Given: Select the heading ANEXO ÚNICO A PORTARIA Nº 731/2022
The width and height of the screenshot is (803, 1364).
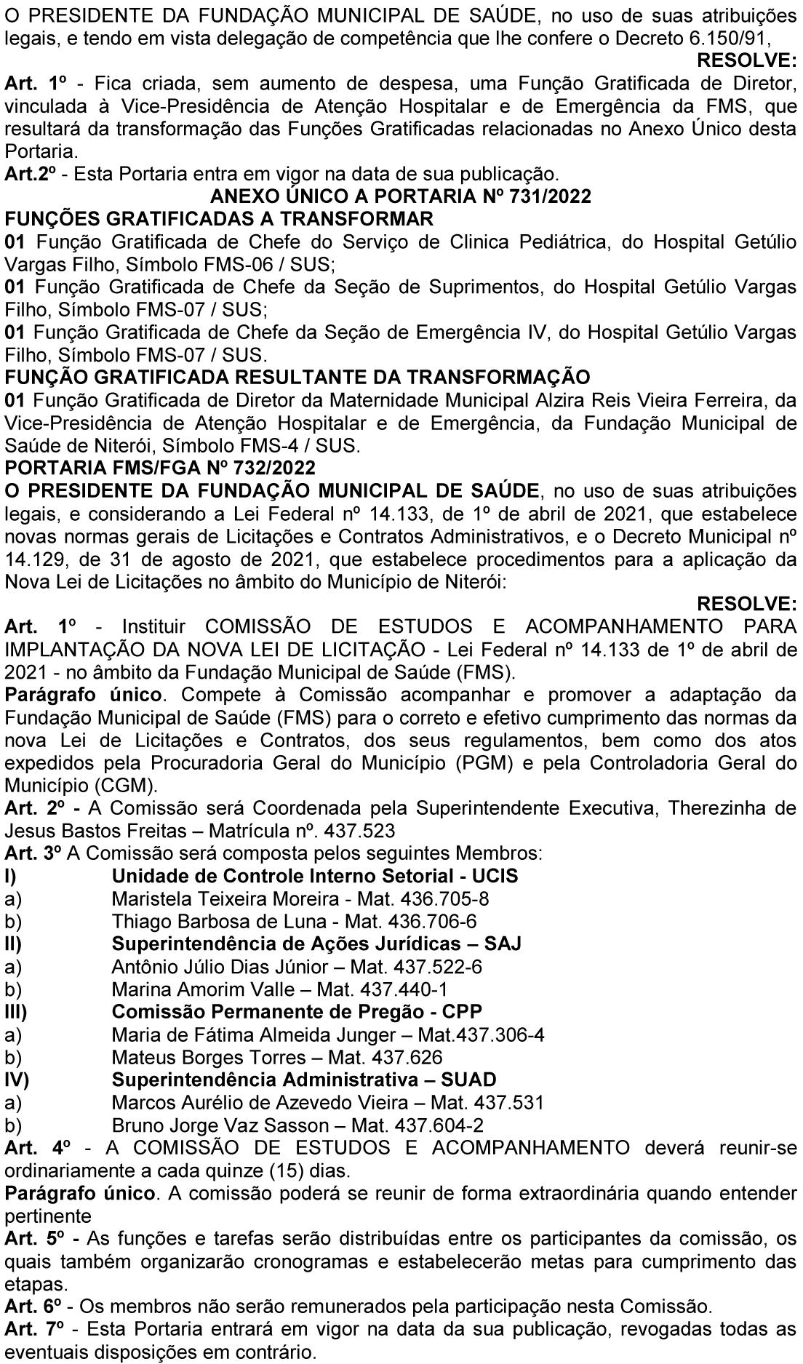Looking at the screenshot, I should [x=400, y=196].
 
